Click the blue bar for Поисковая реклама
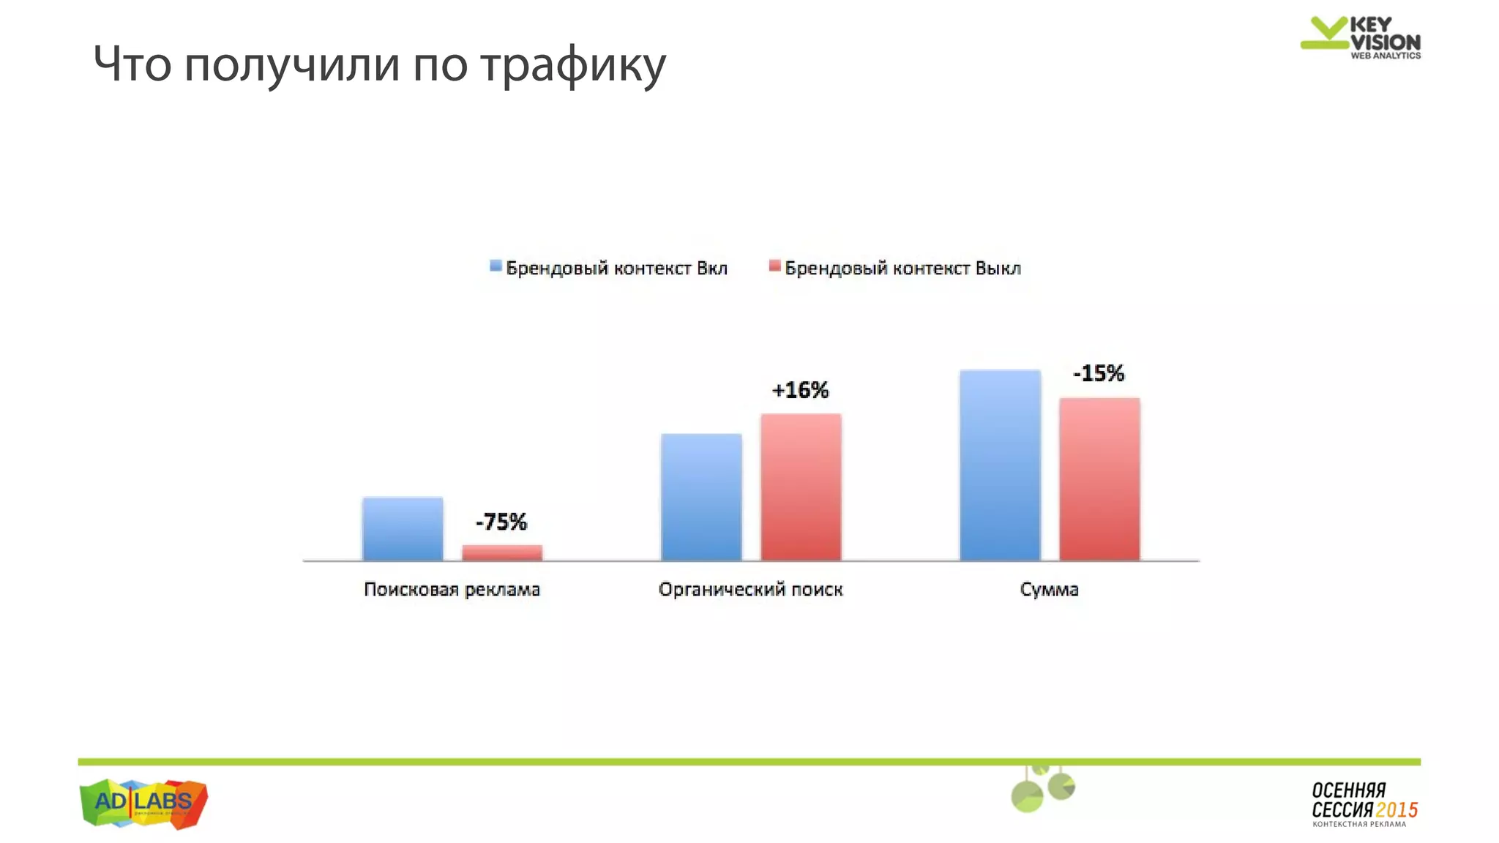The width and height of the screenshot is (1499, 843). click(x=403, y=529)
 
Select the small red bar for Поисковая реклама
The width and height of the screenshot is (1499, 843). click(x=502, y=552)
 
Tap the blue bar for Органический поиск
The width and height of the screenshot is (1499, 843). click(x=701, y=498)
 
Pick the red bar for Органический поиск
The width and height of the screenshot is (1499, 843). click(x=801, y=487)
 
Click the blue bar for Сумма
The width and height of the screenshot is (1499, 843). click(x=1000, y=465)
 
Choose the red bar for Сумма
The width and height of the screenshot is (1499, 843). click(x=1099, y=479)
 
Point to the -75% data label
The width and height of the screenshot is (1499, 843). click(x=501, y=522)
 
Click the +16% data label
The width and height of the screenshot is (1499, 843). click(x=800, y=390)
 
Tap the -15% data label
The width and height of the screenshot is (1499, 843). click(x=1099, y=373)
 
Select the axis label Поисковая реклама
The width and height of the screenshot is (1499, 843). click(x=452, y=589)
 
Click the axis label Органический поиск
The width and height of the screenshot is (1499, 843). click(x=750, y=589)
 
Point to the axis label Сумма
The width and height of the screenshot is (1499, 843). click(x=1049, y=589)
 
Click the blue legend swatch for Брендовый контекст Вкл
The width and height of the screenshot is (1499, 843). click(x=496, y=266)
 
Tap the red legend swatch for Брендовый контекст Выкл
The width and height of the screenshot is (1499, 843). click(x=774, y=266)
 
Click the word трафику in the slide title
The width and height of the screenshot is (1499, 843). click(x=573, y=64)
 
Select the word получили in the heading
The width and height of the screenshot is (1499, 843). click(x=291, y=64)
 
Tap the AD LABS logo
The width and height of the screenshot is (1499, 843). click(x=143, y=803)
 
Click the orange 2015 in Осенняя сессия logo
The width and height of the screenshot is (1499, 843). click(x=1397, y=810)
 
